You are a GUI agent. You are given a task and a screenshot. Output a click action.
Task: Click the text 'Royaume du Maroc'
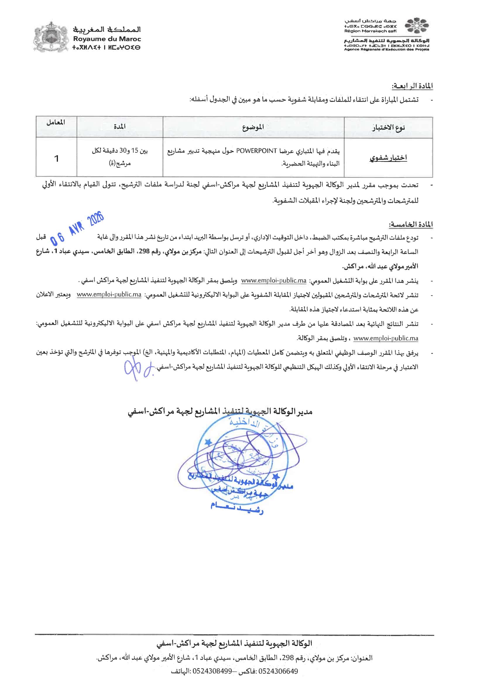107,39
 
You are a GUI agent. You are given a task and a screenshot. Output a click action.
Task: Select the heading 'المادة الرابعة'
412,86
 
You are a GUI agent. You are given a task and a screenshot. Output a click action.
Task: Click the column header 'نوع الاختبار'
388,128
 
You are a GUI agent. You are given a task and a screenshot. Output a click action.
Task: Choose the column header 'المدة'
119,127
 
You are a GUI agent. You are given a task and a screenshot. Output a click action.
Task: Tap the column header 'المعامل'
56,123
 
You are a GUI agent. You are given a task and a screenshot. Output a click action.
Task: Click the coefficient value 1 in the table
56,159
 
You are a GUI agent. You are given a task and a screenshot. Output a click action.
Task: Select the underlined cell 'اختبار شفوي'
388,158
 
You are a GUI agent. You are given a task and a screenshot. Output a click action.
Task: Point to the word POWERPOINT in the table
257,151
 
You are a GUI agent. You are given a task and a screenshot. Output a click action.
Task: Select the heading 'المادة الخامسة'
411,224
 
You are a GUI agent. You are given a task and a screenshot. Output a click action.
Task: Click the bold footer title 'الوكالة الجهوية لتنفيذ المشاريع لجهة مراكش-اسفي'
234,644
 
